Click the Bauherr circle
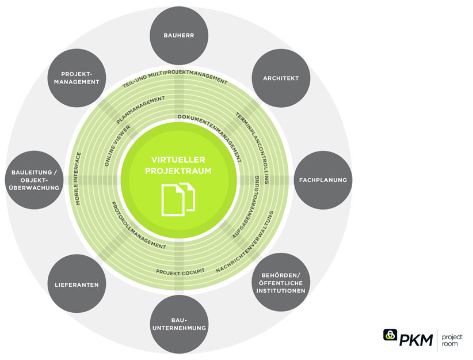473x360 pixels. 178,35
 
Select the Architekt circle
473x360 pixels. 281,78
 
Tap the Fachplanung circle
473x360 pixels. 323,180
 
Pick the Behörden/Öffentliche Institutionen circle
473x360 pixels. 281,282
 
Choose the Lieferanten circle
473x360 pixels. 77,285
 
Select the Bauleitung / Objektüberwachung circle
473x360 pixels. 35,179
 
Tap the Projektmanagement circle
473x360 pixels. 80,78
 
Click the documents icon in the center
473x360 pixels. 178,198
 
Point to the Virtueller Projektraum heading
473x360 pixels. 178,165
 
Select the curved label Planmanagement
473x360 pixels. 141,110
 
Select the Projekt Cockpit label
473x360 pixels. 180,270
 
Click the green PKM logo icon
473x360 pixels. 390,336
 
